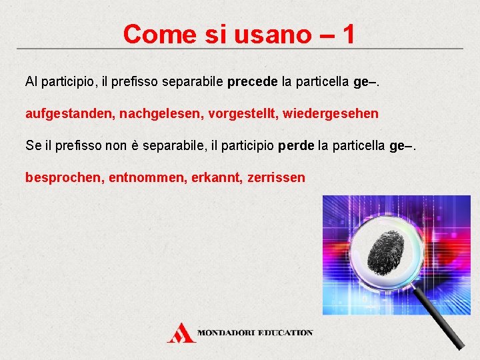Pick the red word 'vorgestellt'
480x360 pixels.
241,114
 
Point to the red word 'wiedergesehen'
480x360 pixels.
331,114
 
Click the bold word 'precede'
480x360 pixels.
253,82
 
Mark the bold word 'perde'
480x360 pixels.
296,146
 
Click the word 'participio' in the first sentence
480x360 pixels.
69,82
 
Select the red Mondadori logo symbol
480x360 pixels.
181,332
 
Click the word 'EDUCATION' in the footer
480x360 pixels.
285,332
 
